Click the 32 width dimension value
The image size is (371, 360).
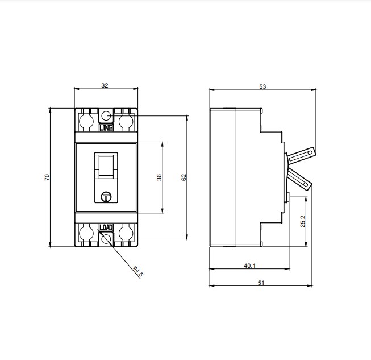coord(105,85)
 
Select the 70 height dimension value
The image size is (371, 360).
coord(47,177)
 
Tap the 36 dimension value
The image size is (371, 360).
coord(159,177)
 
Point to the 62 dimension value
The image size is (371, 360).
coord(184,177)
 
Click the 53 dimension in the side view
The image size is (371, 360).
coord(262,86)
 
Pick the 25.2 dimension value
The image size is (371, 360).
coord(302,221)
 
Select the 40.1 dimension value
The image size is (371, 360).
coord(249,265)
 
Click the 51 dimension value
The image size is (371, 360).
coord(261,282)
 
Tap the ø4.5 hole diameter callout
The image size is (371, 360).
coord(138,272)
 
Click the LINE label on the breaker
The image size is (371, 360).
coord(106,128)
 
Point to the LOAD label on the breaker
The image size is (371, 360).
coord(106,227)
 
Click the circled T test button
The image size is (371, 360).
coord(106,197)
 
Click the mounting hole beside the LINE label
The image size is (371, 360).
coord(106,117)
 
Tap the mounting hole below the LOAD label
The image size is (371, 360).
coord(106,238)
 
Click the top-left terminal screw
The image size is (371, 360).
coord(86,120)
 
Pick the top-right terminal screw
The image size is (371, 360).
coord(126,120)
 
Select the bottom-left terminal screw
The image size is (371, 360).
coord(86,233)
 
